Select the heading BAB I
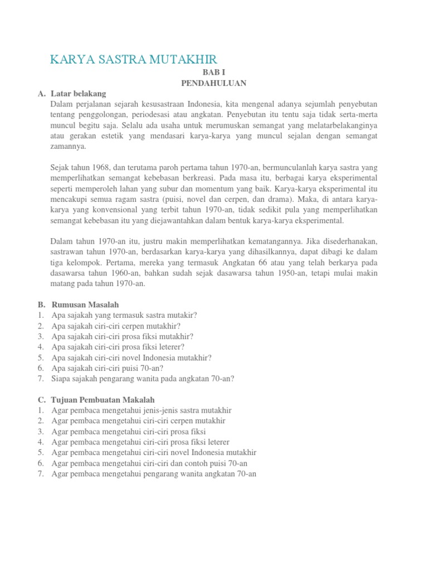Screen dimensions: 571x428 pyautogui.click(x=213, y=73)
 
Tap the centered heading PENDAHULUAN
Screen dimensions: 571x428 pyautogui.click(x=213, y=83)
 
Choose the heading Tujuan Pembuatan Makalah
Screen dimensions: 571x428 pyautogui.click(x=103, y=400)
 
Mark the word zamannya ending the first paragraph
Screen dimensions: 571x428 pyautogui.click(x=68, y=146)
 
